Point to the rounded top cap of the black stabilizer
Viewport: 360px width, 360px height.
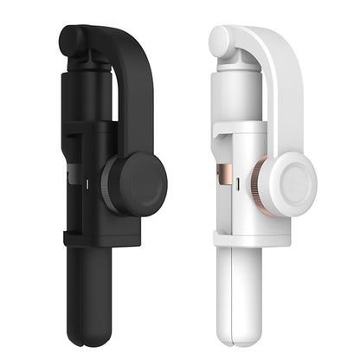[73, 38]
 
